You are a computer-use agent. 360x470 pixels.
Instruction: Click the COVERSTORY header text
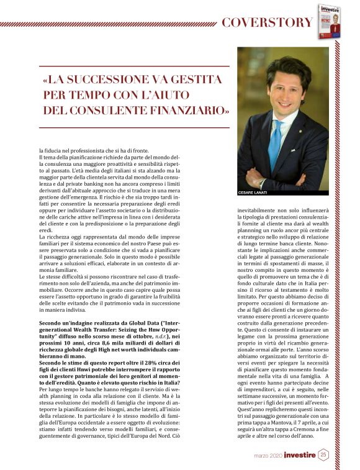click(x=267, y=23)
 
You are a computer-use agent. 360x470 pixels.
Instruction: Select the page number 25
click(x=323, y=455)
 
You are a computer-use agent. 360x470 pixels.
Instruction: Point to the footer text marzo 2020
click(x=268, y=456)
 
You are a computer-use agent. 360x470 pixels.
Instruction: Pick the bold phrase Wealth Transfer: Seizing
click(x=106, y=330)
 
